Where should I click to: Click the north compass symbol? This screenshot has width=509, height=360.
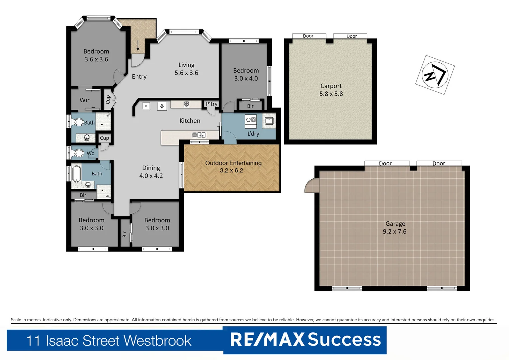(x=435, y=75)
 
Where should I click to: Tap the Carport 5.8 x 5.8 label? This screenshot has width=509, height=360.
(x=331, y=90)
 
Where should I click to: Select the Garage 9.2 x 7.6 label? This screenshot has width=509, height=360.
(x=395, y=228)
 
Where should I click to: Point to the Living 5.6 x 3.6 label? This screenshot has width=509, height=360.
(x=186, y=69)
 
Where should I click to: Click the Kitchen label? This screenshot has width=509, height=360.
(x=190, y=121)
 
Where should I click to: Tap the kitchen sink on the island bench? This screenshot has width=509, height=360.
(x=199, y=135)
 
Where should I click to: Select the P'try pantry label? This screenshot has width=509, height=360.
(x=212, y=104)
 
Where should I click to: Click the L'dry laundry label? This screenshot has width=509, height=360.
(x=253, y=134)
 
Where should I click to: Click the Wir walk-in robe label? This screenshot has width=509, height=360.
(x=85, y=100)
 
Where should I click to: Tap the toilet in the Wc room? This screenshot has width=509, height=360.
(x=78, y=153)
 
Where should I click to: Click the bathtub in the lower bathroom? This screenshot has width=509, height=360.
(x=77, y=174)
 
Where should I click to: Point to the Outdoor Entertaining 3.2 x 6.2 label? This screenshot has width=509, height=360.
(x=233, y=167)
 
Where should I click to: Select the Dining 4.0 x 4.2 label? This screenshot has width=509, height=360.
(x=151, y=172)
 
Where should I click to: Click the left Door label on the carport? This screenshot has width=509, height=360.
(x=308, y=36)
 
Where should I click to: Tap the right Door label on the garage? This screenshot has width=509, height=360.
(x=439, y=163)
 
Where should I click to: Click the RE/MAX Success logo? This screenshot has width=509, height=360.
(x=305, y=340)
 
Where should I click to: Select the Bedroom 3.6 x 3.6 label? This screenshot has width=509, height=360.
(x=96, y=55)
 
